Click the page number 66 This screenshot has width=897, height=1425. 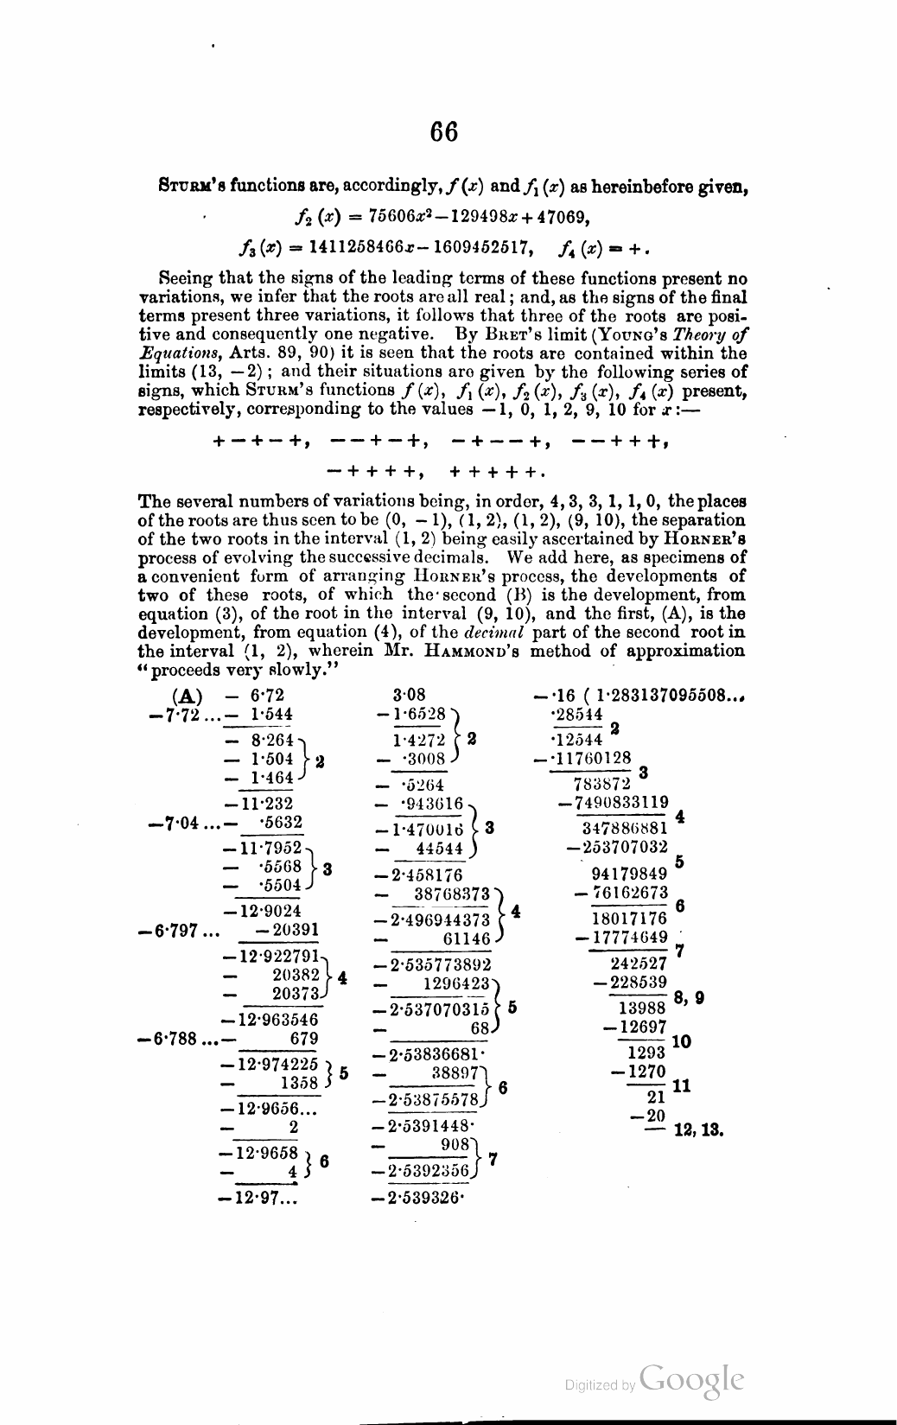tap(444, 132)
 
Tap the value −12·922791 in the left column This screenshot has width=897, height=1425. tap(271, 957)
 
